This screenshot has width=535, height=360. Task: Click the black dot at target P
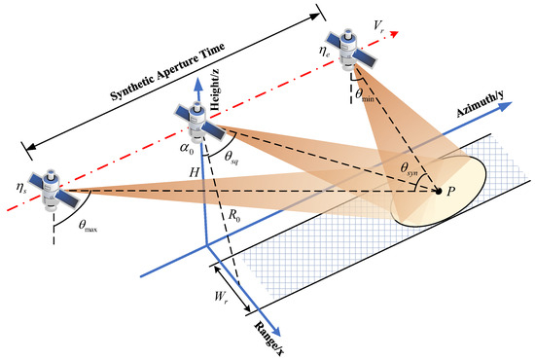click(x=439, y=190)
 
